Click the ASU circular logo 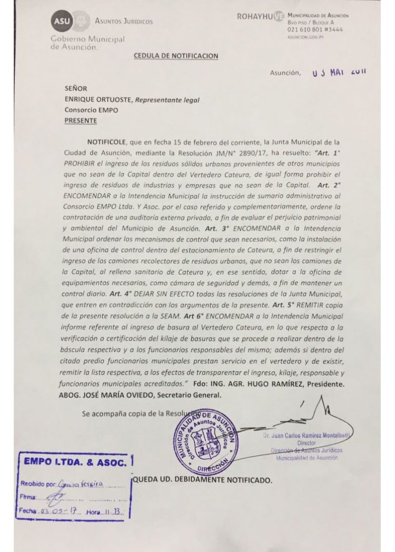click(60, 21)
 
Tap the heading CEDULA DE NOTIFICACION click(176, 56)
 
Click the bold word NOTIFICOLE click(106, 140)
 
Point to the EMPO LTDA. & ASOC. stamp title click(75, 463)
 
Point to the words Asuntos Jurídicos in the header click(124, 21)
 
